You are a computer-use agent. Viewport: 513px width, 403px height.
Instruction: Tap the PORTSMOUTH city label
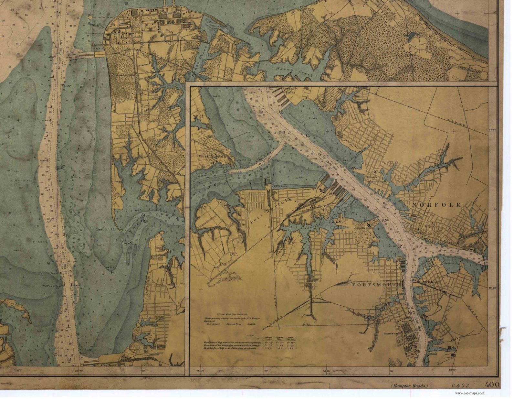[x=376, y=285]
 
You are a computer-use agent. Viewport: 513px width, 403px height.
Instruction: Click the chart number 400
[x=492, y=385]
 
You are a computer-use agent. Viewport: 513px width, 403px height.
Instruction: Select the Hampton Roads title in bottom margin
[x=409, y=386]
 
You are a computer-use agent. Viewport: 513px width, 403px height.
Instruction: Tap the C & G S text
[x=460, y=386]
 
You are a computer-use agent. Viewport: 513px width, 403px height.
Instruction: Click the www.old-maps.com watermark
[x=469, y=393]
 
